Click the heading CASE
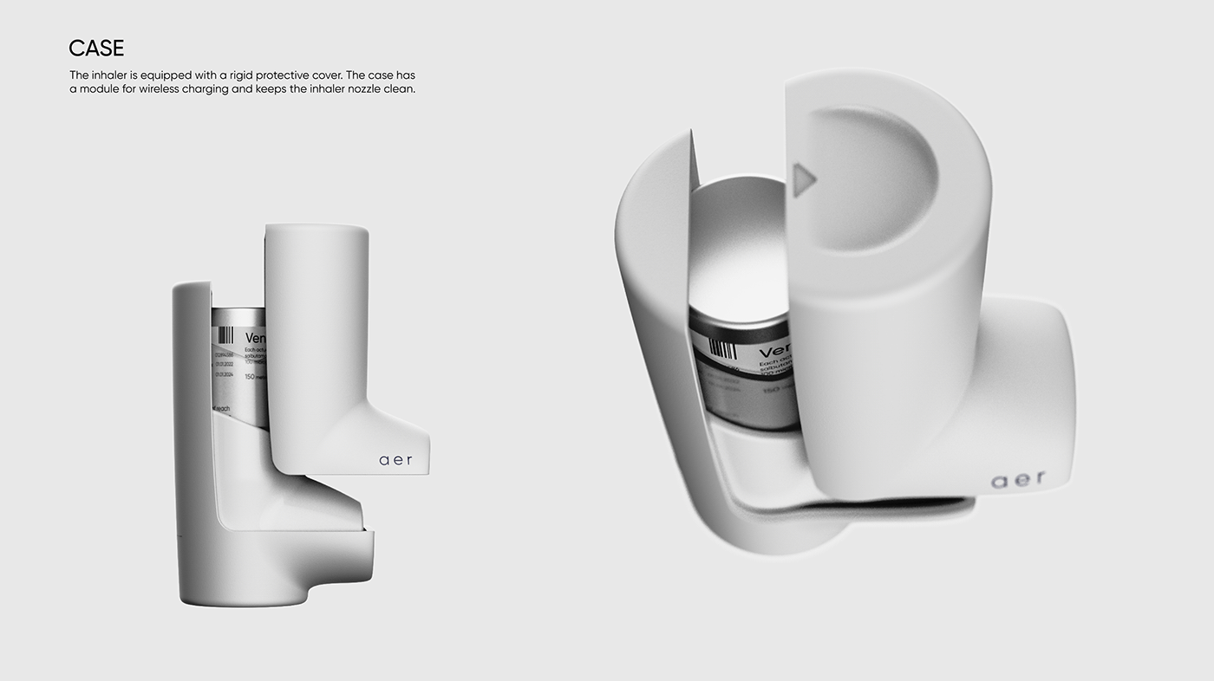[x=96, y=49]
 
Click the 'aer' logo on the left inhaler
[x=396, y=460]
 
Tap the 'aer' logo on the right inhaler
[x=1018, y=479]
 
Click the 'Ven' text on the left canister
[x=254, y=338]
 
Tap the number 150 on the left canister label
[x=250, y=377]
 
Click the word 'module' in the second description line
[x=99, y=89]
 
